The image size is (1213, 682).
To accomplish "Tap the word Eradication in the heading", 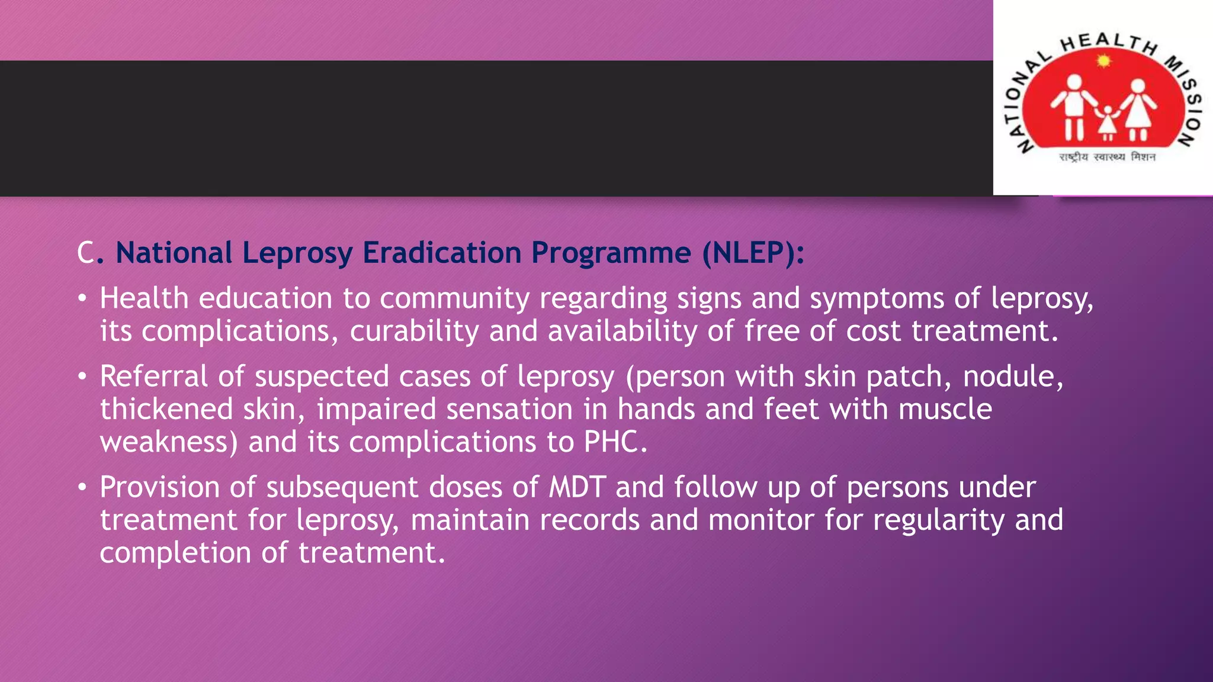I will coord(442,253).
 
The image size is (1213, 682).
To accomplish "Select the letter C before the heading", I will coord(85,253).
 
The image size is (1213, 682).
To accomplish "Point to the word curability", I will coord(414,331).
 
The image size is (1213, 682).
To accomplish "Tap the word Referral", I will coord(153,377).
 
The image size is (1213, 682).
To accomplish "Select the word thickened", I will coord(166,410).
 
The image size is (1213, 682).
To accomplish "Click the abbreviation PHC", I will coord(615,442).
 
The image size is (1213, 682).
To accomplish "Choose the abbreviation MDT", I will coord(577,487).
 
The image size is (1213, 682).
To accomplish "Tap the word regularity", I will coord(939,520).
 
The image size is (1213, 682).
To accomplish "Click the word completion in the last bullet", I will coord(175,554).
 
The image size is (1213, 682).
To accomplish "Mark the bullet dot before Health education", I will coord(82,298).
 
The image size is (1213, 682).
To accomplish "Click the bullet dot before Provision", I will coord(82,488).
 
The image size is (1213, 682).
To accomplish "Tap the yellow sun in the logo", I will coord(1103,61).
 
